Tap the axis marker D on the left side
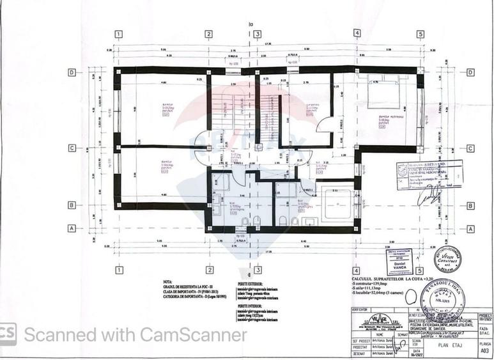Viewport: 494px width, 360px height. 72,72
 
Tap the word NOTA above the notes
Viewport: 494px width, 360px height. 167,280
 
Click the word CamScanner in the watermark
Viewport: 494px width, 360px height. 204,334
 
